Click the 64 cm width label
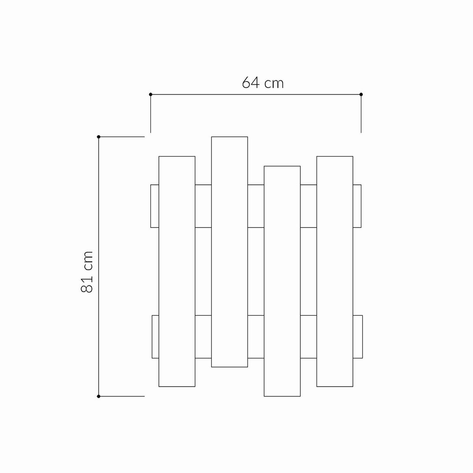[x=263, y=83]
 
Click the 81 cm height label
[x=87, y=272]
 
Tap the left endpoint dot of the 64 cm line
[x=151, y=95]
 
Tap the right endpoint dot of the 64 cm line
[x=361, y=95]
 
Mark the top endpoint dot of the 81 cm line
[x=99, y=137]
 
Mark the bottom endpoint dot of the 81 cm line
[x=99, y=396]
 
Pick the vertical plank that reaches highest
[x=229, y=252]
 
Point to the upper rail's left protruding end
[x=155, y=206]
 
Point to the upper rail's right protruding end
[x=357, y=206]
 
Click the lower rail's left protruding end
[x=155, y=337]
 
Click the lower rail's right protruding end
[x=358, y=337]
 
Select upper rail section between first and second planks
[x=203, y=206]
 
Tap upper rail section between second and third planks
[x=256, y=206]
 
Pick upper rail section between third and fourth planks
[x=309, y=206]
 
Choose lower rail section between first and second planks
[x=203, y=337]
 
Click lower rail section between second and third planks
[x=256, y=337]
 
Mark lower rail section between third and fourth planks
[x=309, y=337]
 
